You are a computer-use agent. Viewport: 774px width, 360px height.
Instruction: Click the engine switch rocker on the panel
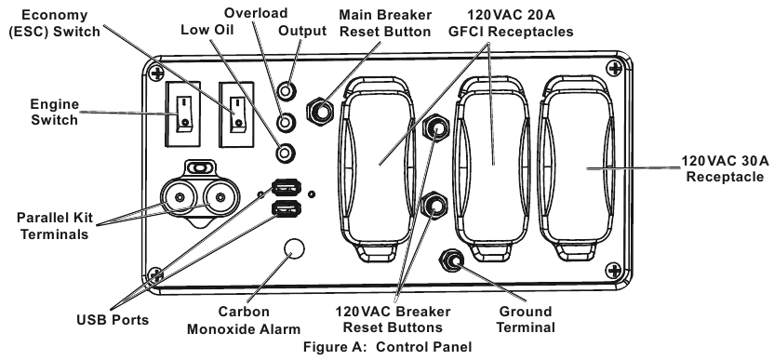pos(182,114)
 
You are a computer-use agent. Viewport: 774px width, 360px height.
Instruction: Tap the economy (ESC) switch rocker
pos(236,114)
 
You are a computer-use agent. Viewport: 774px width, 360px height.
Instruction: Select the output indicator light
pos(286,91)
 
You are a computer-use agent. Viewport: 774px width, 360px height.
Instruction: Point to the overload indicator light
pos(286,122)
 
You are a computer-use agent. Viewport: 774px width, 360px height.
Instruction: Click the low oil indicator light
pos(285,153)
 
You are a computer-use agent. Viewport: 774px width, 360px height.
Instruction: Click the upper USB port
pos(287,187)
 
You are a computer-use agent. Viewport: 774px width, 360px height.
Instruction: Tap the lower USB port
pos(287,208)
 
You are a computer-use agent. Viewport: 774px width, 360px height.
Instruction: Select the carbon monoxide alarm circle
pos(295,248)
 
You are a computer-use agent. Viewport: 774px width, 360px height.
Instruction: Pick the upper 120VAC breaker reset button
pos(436,127)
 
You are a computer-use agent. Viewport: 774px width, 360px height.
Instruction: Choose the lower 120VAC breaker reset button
pos(434,206)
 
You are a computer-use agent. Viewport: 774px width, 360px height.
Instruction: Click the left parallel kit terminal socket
pos(179,197)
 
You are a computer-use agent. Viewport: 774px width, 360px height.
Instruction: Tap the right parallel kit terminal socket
pos(220,197)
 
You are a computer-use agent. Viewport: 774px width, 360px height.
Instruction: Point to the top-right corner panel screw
pos(614,68)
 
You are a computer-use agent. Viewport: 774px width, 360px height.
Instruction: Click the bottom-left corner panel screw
pos(155,274)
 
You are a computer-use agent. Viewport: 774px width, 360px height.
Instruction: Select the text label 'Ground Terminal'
pos(526,319)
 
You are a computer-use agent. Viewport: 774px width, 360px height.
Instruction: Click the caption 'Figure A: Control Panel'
pos(388,347)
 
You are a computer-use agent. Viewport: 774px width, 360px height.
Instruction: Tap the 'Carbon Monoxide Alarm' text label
pos(244,320)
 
